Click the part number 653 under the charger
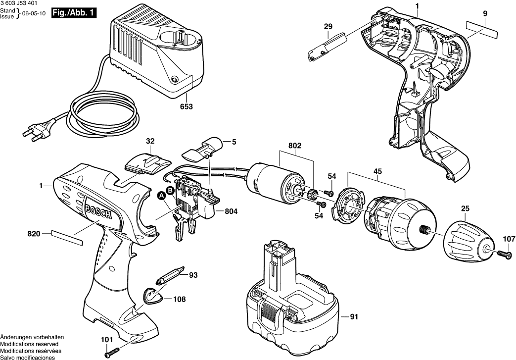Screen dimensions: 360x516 [x=187, y=106]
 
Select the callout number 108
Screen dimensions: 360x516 [x=180, y=299]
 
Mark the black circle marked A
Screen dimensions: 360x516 [x=161, y=196]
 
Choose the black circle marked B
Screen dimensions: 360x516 [x=169, y=190]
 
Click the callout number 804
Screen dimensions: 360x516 [x=231, y=211]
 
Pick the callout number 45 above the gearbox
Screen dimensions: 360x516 [x=377, y=172]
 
